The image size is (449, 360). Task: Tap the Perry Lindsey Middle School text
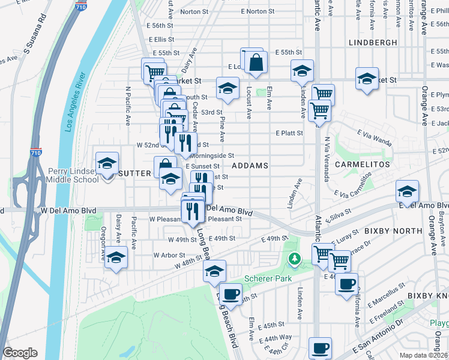73,175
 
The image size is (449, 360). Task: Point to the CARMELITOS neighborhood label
359,164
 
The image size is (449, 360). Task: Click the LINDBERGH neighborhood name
372,43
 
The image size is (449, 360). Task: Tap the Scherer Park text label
267,279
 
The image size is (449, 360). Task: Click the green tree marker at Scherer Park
294,259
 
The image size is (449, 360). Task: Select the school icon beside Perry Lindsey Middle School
107,163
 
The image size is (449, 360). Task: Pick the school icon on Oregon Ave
116,257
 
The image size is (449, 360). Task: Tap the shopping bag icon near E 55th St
256,62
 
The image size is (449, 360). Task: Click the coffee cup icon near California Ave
346,284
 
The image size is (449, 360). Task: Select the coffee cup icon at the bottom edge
320,348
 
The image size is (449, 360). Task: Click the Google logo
20,353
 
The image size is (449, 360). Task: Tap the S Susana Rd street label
34,36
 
